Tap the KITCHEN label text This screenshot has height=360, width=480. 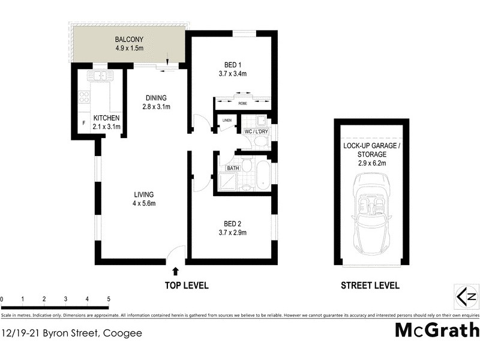point(106,118)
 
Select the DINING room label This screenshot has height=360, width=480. point(156,98)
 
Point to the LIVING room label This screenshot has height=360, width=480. point(144,194)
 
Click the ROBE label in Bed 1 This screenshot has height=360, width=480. point(242,103)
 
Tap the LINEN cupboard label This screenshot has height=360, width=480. point(226,120)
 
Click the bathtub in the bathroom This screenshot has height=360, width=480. point(263,175)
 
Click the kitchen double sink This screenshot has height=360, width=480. point(99,77)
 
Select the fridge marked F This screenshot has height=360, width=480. point(83,124)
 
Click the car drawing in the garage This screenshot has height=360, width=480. point(372,211)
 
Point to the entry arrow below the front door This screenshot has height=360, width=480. point(176,272)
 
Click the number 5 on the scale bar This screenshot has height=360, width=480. point(109,298)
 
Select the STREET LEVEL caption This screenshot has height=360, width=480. point(370,286)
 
